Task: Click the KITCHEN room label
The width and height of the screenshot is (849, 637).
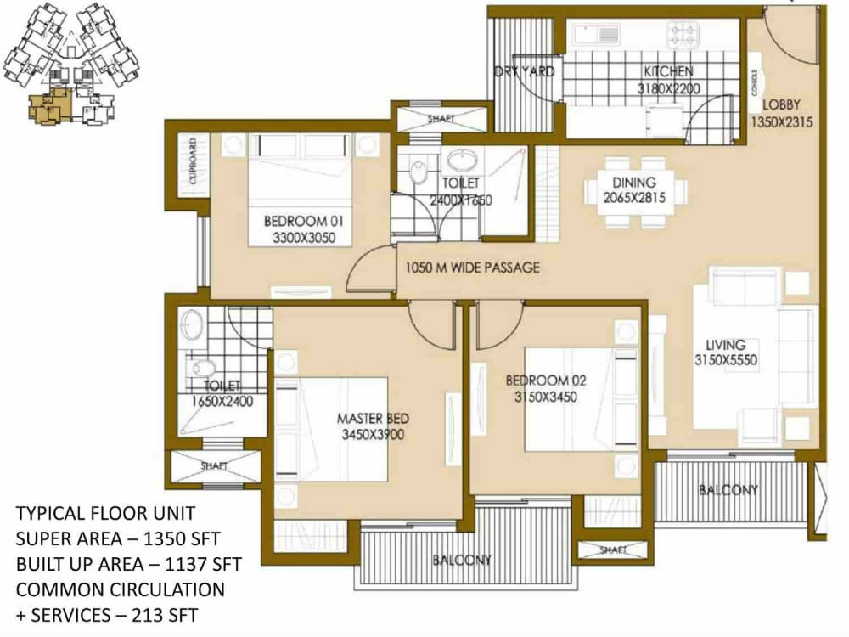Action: [667, 72]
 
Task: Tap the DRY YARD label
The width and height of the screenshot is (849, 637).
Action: [524, 72]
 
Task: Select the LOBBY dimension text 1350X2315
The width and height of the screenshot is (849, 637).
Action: [782, 122]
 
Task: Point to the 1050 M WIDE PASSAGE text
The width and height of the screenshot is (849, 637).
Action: [471, 268]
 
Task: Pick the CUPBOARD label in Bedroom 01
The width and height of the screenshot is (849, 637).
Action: [194, 162]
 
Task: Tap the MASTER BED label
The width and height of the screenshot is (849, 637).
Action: [374, 419]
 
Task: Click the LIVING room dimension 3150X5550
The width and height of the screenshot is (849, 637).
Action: [724, 360]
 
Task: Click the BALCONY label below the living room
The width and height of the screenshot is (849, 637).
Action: [728, 490]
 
